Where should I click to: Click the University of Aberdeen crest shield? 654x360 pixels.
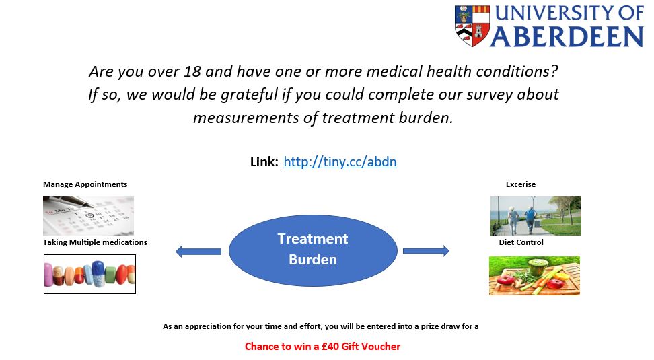(x=472, y=26)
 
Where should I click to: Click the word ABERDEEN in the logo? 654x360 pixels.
(x=567, y=37)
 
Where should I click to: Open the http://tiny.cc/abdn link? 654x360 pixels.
(x=340, y=162)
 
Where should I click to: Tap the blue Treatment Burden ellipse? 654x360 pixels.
(x=313, y=250)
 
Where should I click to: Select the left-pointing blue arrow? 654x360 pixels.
(x=198, y=252)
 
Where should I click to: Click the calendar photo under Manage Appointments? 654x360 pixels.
(x=88, y=216)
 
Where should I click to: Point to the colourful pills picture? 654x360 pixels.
(x=89, y=274)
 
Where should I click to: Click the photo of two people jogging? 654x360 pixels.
(x=536, y=216)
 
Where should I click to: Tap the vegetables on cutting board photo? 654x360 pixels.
(x=534, y=276)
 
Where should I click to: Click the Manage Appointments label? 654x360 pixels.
(x=85, y=184)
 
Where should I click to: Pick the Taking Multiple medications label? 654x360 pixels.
(x=95, y=242)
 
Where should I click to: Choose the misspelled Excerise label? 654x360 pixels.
(x=521, y=184)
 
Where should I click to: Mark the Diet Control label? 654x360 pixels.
(x=521, y=242)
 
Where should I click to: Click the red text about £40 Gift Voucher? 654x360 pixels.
(x=322, y=347)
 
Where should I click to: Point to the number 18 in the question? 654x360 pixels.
(x=192, y=71)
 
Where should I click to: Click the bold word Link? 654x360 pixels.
(x=264, y=162)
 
